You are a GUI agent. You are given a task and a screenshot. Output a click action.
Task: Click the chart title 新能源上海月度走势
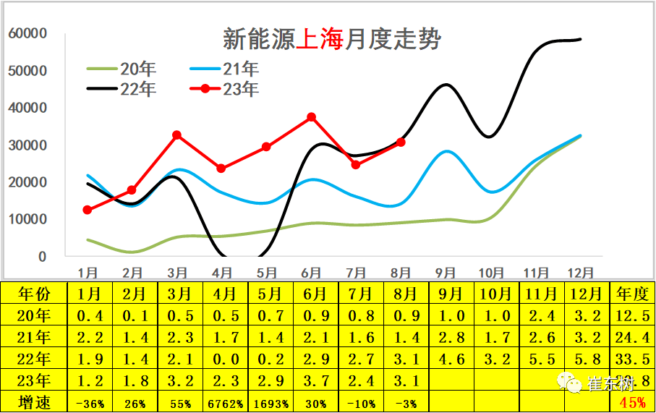(x=331, y=39)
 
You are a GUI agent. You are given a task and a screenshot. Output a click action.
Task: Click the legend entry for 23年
(x=223, y=89)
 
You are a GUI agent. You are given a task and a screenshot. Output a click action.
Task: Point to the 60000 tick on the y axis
(x=28, y=33)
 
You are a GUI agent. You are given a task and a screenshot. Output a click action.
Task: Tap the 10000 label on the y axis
(x=28, y=219)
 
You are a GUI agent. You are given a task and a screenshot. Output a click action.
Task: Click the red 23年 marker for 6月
(x=311, y=116)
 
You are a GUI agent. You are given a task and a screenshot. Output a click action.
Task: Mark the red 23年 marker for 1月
(x=88, y=210)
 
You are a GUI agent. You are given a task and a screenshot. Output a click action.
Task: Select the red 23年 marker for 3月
(x=177, y=135)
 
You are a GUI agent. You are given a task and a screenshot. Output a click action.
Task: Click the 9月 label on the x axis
(x=446, y=273)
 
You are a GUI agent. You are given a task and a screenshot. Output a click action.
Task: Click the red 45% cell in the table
(x=632, y=403)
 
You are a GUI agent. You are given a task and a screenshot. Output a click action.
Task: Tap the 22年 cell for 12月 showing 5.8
(x=587, y=360)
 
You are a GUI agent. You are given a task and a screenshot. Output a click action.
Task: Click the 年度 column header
(x=632, y=295)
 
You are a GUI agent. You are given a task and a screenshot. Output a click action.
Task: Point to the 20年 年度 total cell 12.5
(x=632, y=316)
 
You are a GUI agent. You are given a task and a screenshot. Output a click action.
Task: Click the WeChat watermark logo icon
(x=571, y=383)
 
